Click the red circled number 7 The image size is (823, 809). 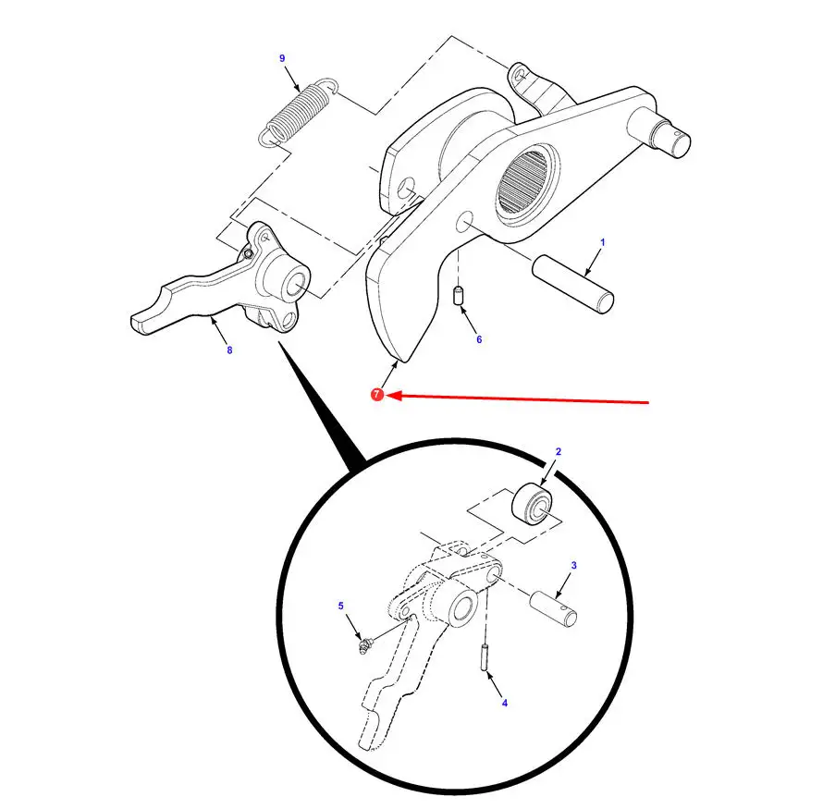(x=377, y=395)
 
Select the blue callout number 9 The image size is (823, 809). (x=282, y=58)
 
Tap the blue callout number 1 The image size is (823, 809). (x=603, y=242)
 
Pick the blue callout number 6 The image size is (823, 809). (x=479, y=340)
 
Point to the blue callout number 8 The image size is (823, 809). (x=229, y=350)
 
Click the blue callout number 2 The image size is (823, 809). (x=559, y=452)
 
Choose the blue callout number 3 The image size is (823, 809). (x=573, y=566)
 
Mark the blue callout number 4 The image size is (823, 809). (x=505, y=703)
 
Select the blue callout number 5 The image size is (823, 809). (x=340, y=607)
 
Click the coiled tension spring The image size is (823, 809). (x=298, y=112)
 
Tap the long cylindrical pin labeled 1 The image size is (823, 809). (x=572, y=284)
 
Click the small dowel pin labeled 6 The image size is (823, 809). (x=458, y=295)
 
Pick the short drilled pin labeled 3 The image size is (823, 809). (x=553, y=608)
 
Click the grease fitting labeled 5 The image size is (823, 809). (x=363, y=644)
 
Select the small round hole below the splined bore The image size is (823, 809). (x=464, y=222)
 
